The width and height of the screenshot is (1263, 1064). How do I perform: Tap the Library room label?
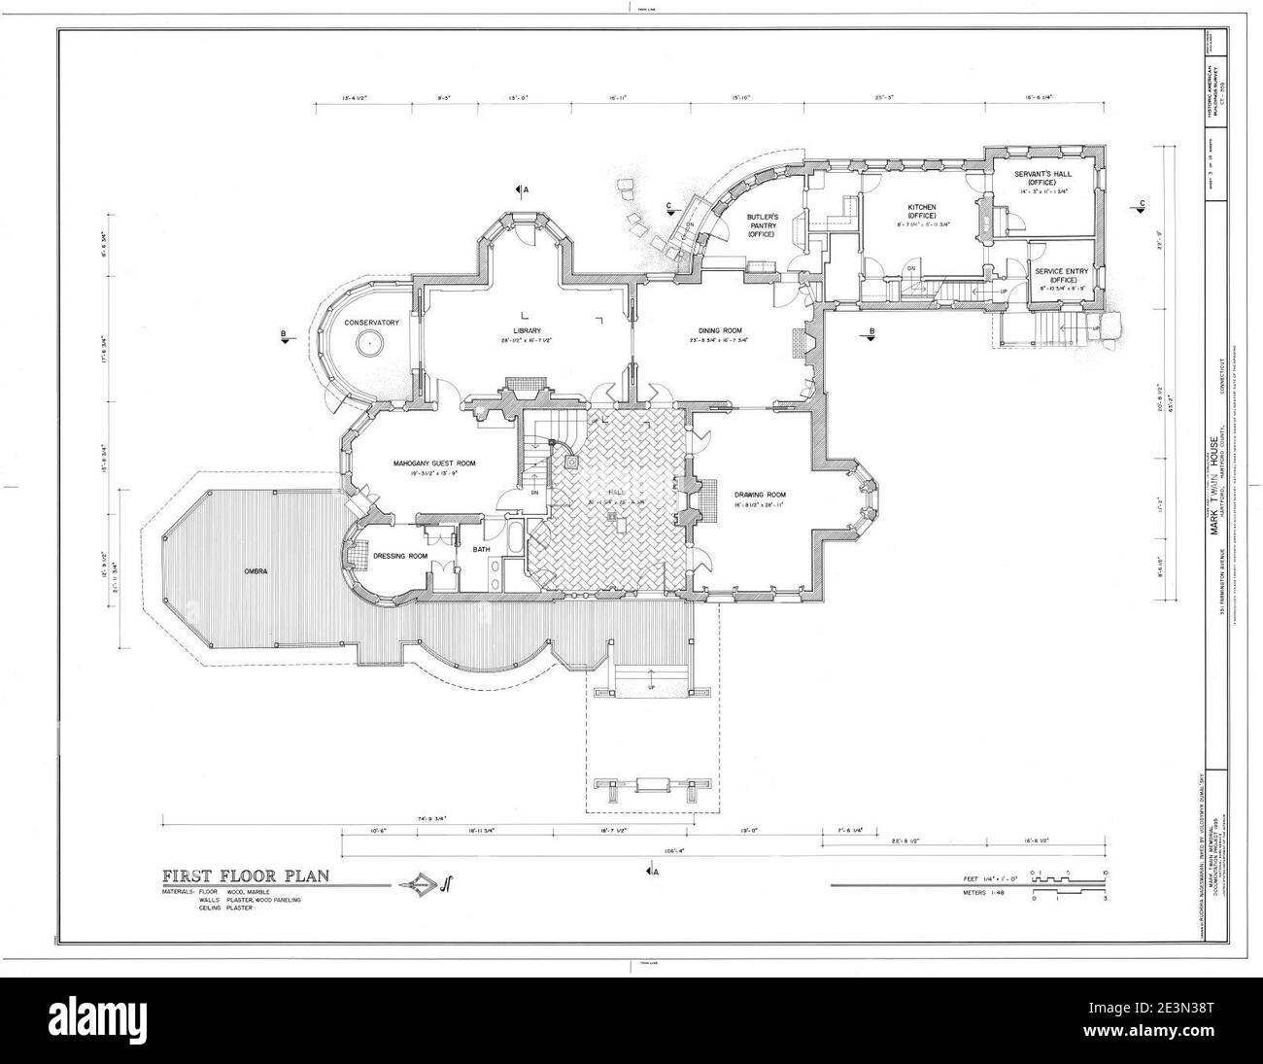pos(526,329)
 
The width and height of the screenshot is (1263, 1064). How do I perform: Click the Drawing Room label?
pos(745,494)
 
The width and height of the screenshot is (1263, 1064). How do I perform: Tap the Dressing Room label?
pos(401,556)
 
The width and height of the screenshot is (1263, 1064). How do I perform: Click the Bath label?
pos(482,550)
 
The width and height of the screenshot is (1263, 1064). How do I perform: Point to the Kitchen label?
pos(921,207)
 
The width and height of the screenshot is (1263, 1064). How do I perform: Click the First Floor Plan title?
pos(245,875)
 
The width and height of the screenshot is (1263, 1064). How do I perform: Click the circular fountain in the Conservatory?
pos(369,343)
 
